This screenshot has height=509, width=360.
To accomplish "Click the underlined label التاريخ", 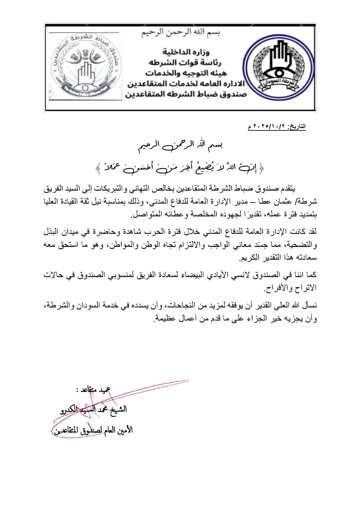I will pyautogui.click(x=297, y=126).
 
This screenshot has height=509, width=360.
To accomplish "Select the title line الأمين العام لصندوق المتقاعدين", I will pyautogui.click(x=92, y=430).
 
